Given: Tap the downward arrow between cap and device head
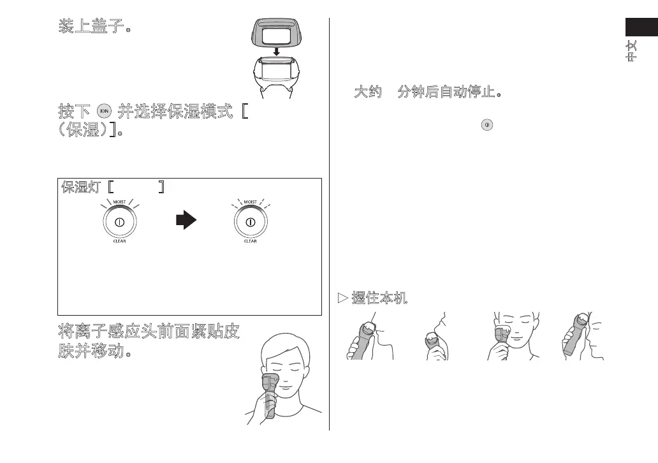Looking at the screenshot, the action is pyautogui.click(x=276, y=50).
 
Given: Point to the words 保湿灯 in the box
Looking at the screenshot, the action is pyautogui.click(x=82, y=187).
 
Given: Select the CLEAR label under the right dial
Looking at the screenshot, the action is pyautogui.click(x=251, y=242).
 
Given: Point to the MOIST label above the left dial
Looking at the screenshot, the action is pyautogui.click(x=119, y=202).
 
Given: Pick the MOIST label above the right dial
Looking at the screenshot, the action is pyautogui.click(x=251, y=202).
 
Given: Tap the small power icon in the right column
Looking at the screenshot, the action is pyautogui.click(x=486, y=126).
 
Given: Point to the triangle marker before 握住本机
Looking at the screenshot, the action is pyautogui.click(x=342, y=297).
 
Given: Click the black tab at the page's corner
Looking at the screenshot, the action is pyautogui.click(x=641, y=28).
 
